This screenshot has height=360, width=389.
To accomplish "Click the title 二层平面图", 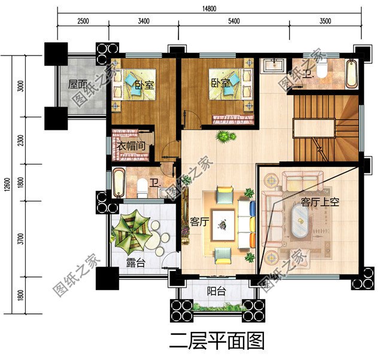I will point(217,341).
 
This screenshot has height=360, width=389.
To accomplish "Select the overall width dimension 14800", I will point(209,8).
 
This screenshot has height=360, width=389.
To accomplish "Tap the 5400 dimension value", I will point(233,21).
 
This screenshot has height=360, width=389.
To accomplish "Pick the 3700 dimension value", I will point(22,239).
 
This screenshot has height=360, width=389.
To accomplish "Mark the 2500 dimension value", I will point(83,21).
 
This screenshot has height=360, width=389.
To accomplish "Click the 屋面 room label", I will point(78,85).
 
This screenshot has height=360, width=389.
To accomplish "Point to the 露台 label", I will point(135,262).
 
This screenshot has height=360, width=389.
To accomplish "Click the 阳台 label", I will point(216,291).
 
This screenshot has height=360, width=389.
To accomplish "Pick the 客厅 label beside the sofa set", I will point(199,222).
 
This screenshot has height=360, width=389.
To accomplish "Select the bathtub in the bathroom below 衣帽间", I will point(118,184).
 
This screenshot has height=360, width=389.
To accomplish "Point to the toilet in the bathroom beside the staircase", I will point(321,71).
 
